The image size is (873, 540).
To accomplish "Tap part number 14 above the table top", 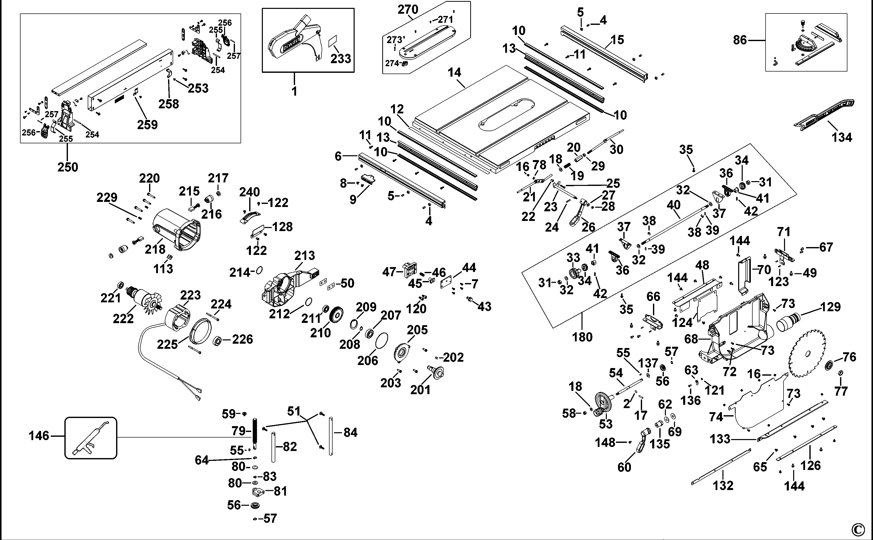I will pyautogui.click(x=454, y=73).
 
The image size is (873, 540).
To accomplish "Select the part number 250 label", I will pyautogui.click(x=68, y=167).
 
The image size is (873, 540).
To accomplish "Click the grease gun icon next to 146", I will pyautogui.click(x=91, y=438).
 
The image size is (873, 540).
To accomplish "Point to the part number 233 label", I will pyautogui.click(x=340, y=59).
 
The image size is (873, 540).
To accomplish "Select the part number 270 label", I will pyautogui.click(x=408, y=9).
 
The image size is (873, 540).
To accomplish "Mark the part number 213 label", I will pyautogui.click(x=304, y=255).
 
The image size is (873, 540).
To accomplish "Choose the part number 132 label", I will pyautogui.click(x=723, y=485).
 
